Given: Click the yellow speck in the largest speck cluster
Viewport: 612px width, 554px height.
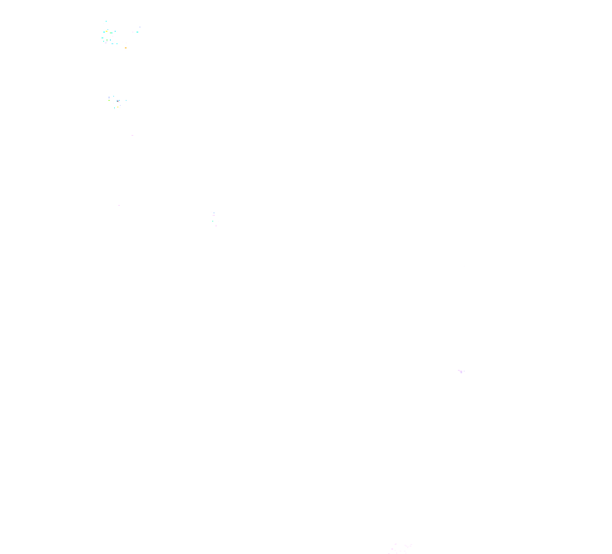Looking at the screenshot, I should (x=107, y=31).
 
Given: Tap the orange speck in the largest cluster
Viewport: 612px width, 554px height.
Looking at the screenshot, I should (x=126, y=47).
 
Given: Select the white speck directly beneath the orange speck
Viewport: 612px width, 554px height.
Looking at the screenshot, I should (x=126, y=50).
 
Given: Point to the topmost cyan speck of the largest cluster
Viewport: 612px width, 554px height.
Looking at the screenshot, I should (x=106, y=21).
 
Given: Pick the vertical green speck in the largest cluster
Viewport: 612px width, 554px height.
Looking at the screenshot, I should (x=107, y=40).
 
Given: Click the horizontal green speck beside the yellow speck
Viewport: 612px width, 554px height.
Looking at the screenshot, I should (x=111, y=32).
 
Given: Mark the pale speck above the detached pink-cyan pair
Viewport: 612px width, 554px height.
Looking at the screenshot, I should (x=140, y=27).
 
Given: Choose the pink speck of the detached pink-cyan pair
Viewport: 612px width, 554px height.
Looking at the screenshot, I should (x=132, y=32).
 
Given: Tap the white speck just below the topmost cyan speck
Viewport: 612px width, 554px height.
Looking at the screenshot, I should (x=103, y=23).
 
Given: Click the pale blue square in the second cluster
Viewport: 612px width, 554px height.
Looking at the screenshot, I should (x=109, y=97).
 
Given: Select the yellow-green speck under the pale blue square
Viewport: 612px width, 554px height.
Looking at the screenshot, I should (x=109, y=100).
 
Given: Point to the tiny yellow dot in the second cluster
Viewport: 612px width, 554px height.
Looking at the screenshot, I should (x=117, y=107).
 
